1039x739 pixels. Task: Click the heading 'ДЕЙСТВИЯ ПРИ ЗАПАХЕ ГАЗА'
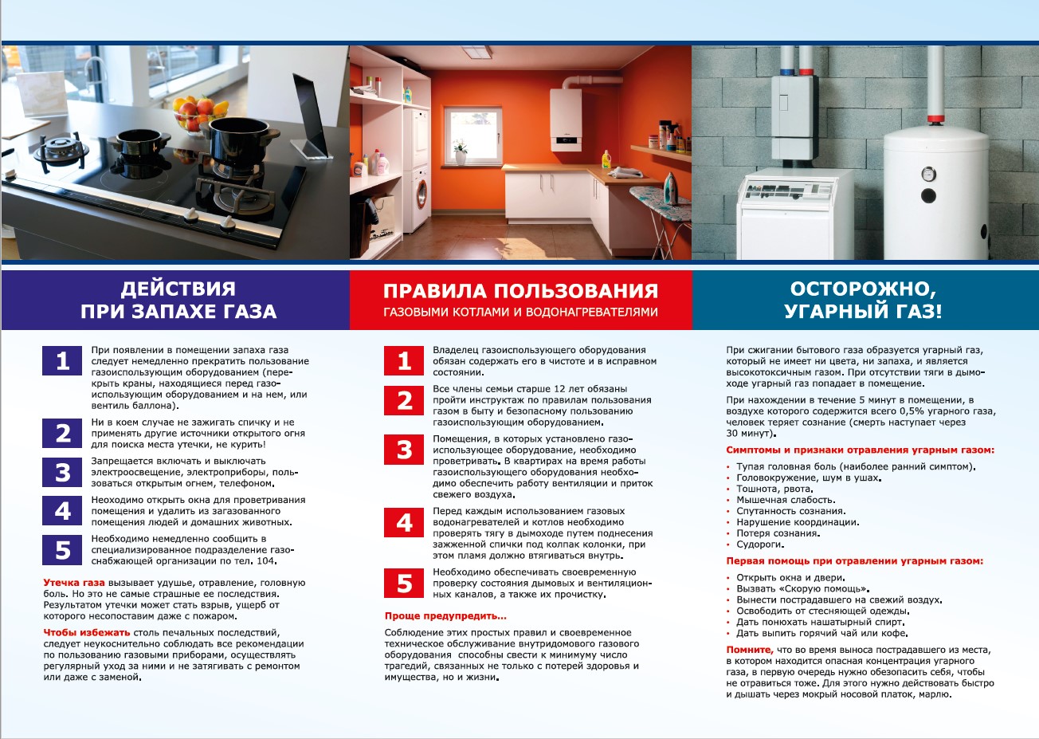tap(178, 300)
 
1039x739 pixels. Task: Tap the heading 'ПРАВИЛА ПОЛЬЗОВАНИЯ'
tap(520, 291)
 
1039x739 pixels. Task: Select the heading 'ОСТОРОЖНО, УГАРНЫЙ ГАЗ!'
tap(863, 300)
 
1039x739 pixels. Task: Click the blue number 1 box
tap(62, 361)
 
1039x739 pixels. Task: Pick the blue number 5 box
tap(62, 549)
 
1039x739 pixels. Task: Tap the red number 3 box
tap(404, 450)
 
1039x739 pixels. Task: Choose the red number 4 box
tap(404, 522)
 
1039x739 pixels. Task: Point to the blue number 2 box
tap(62, 433)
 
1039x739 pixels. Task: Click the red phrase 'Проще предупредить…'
tap(445, 616)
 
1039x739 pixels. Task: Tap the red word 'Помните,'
tap(749, 650)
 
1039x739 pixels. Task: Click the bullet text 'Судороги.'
tap(760, 544)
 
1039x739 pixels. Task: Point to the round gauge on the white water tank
tap(928, 174)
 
